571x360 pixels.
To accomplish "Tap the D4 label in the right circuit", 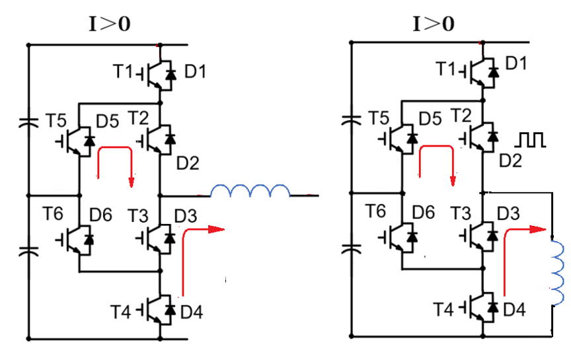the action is [x=515, y=310].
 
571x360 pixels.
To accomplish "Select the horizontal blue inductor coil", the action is [x=250, y=190].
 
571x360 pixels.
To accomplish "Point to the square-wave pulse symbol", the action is [x=530, y=140].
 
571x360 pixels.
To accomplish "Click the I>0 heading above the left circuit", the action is [x=110, y=24].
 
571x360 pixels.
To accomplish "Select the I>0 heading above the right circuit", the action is [x=434, y=24].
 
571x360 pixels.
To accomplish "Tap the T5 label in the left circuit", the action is [x=56, y=120].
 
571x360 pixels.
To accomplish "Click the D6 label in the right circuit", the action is [x=424, y=212].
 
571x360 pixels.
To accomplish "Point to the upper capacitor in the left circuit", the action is [x=28, y=123].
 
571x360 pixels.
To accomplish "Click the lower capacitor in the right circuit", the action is [x=352, y=249].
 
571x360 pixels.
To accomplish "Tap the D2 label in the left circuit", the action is [x=188, y=163].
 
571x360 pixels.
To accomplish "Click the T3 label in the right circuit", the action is [x=461, y=213].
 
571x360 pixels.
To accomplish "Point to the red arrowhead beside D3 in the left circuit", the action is [x=216, y=229].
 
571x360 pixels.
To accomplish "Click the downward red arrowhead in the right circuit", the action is [x=453, y=181].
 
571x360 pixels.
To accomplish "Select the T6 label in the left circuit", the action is [x=53, y=213].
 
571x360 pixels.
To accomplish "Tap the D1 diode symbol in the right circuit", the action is [x=494, y=72].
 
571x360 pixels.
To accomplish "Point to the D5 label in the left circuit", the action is [x=108, y=121].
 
